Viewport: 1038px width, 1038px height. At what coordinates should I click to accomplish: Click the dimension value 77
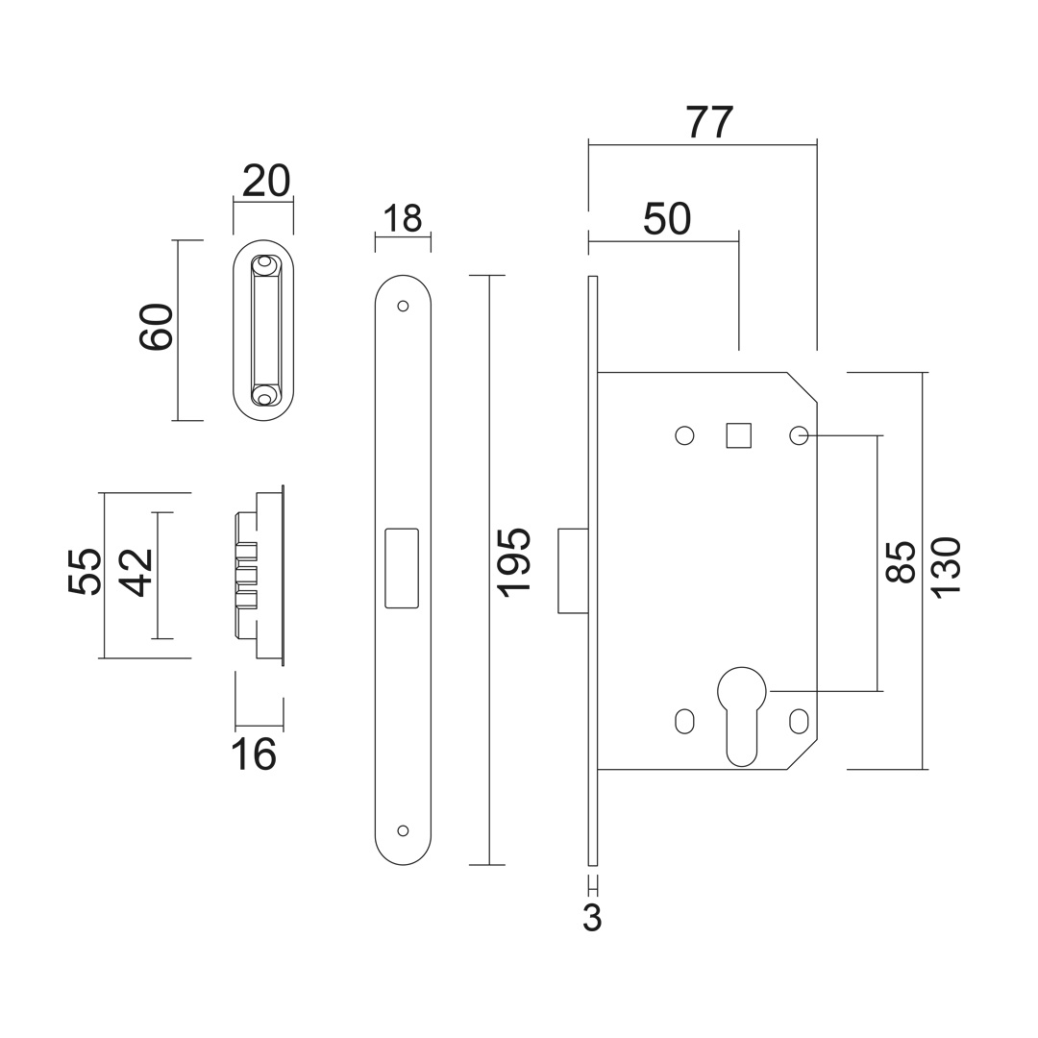[710, 122]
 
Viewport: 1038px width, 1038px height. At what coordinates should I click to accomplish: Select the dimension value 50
[667, 219]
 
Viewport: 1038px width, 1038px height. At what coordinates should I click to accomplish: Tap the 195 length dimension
[514, 562]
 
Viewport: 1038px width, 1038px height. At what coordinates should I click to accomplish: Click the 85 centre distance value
[901, 562]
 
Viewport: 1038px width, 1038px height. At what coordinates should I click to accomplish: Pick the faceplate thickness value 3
[592, 918]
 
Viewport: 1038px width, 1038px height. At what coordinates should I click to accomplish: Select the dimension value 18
[402, 218]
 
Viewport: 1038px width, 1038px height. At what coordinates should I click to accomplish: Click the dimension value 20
[266, 181]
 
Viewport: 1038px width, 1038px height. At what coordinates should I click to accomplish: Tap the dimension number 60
[157, 327]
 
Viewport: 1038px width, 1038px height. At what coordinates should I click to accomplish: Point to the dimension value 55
[86, 571]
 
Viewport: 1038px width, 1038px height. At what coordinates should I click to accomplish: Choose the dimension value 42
[137, 573]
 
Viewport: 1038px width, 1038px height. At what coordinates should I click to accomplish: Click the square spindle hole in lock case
[739, 435]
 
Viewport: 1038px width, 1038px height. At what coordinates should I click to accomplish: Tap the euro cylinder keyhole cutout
[741, 716]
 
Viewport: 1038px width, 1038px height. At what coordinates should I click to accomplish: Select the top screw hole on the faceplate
[403, 307]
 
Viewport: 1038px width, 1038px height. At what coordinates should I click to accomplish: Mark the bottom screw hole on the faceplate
[403, 830]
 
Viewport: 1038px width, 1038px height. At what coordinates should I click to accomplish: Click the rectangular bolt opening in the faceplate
[402, 568]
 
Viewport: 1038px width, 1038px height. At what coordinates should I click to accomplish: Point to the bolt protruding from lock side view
[573, 571]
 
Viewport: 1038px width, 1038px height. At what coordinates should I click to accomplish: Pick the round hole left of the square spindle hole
[684, 435]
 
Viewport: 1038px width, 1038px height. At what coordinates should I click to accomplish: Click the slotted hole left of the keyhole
[684, 722]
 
